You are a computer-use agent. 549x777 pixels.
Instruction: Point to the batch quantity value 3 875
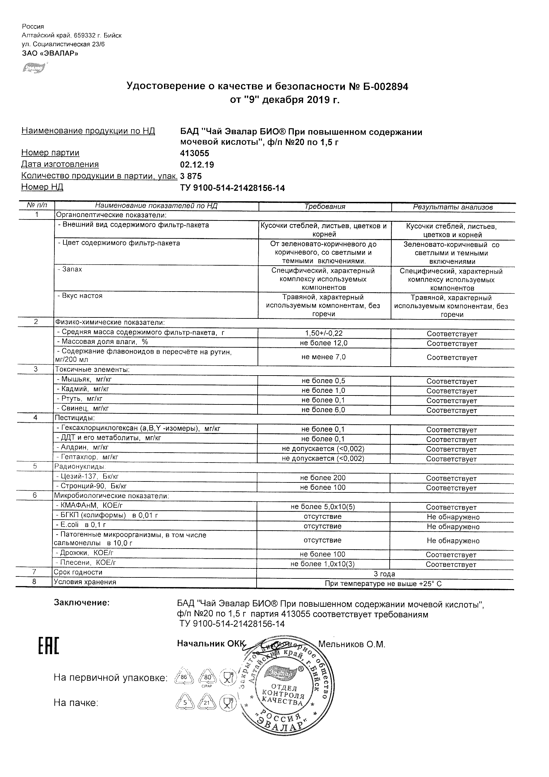tap(191, 176)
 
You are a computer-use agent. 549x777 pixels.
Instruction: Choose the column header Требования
tap(325, 207)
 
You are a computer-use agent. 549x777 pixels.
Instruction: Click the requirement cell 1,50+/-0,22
tap(324, 333)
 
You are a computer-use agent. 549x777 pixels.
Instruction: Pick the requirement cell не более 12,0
tap(323, 343)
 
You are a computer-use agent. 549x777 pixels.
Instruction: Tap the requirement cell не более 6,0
tap(323, 410)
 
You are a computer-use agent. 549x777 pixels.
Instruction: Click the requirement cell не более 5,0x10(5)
tap(323, 507)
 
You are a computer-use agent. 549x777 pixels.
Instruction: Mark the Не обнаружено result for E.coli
tap(453, 527)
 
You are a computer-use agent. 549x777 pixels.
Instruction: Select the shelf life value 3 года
tap(384, 574)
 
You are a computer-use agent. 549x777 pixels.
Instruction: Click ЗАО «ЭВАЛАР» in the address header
tap(50, 53)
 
